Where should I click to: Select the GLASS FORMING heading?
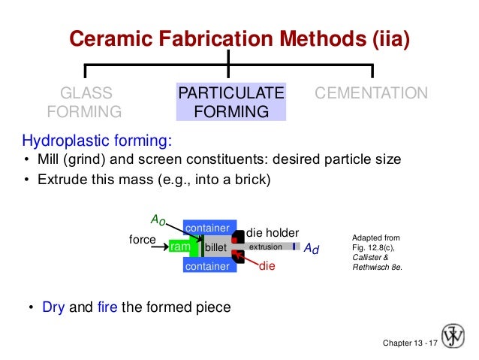pos(84,103)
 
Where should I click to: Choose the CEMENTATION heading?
pos(372,94)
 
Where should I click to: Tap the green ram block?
pos(179,247)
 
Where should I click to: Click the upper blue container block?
pos(206,228)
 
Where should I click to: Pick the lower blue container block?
pos(206,266)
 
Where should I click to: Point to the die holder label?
pos(273,233)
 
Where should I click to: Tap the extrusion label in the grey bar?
pos(265,247)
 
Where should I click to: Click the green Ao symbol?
pos(158,219)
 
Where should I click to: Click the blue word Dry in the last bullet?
pos(53,307)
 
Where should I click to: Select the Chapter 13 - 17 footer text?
pos(410,343)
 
